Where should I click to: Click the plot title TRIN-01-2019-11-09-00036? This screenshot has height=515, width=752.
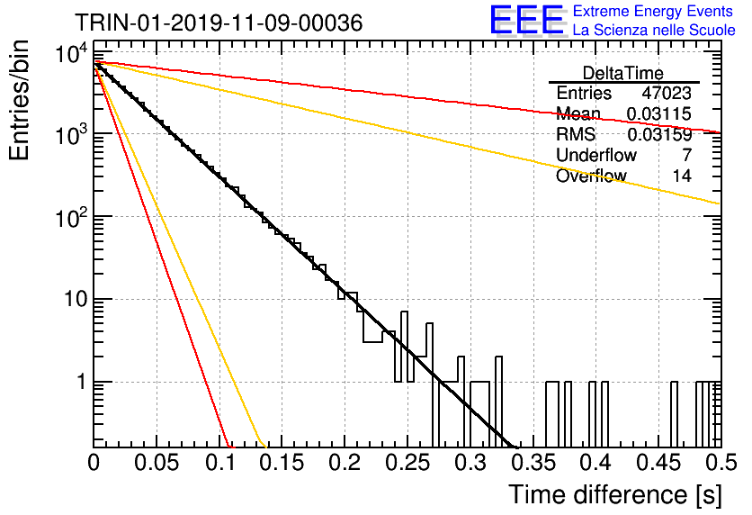[219, 23]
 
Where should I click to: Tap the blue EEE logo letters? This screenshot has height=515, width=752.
[527, 20]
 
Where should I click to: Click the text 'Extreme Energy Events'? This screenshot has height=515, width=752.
[653, 11]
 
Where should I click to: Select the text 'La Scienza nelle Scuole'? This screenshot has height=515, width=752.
[654, 31]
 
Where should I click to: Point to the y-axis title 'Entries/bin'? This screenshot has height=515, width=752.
[19, 101]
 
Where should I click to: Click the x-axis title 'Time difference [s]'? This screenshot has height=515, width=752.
[615, 494]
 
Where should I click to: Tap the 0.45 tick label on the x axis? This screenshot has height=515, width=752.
[658, 463]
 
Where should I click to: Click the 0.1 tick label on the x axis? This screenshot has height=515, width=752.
[219, 463]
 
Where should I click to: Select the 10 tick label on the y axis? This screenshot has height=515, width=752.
[76, 299]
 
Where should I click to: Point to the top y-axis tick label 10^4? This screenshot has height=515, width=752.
[71, 53]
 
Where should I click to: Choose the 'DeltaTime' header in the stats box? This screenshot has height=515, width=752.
[623, 73]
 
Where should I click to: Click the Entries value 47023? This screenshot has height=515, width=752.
[667, 93]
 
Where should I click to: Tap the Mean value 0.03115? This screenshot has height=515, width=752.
[659, 113]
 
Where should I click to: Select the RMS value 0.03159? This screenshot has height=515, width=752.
[659, 134]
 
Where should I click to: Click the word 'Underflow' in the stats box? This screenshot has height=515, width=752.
[596, 155]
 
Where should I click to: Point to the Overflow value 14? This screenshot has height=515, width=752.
[682, 176]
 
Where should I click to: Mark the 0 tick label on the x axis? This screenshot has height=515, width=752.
[94, 463]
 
